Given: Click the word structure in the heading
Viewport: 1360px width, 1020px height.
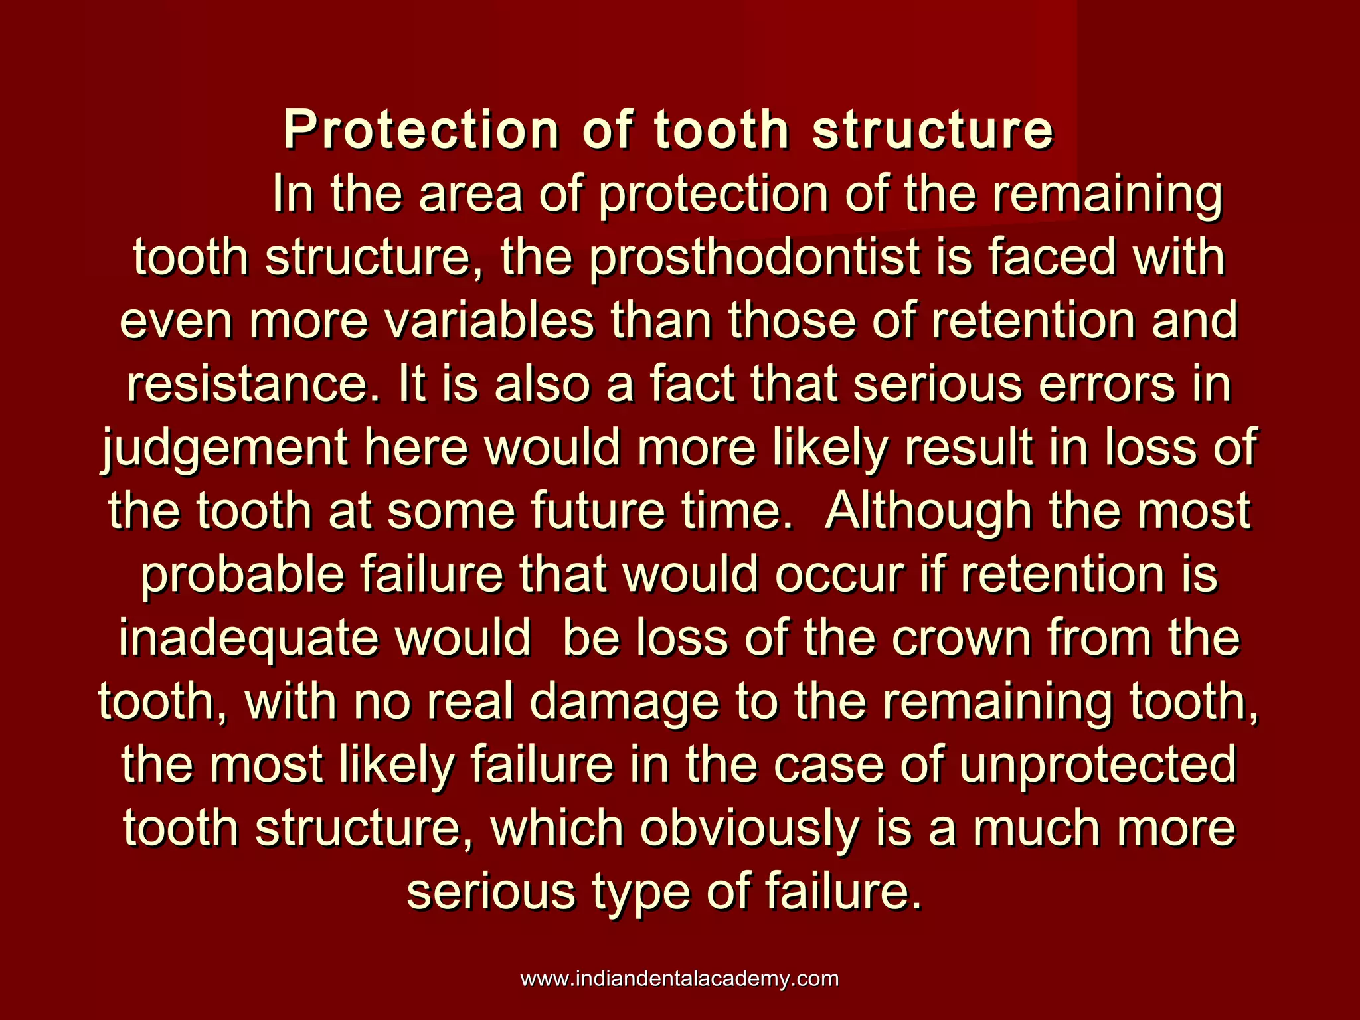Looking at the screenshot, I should [x=932, y=130].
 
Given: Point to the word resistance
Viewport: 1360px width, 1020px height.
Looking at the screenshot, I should [x=250, y=385].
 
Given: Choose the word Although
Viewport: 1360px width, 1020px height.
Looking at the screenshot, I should [x=928, y=513].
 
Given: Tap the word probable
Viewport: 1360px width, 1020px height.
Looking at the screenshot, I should [x=242, y=575].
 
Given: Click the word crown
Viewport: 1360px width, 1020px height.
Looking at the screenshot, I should [x=962, y=639].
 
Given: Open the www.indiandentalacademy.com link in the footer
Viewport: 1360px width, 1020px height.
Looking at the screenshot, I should [x=679, y=979].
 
